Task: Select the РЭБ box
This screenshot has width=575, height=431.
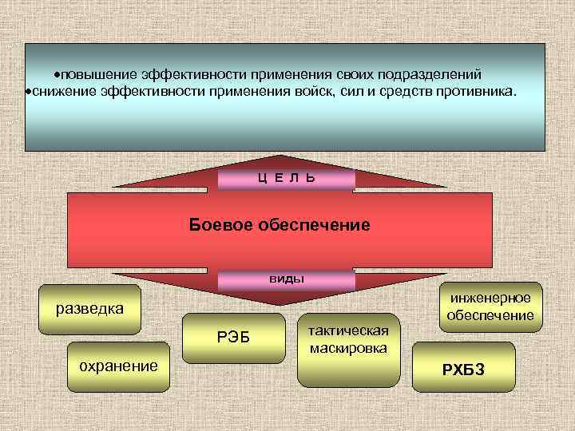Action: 234,338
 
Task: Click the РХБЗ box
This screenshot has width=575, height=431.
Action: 463,368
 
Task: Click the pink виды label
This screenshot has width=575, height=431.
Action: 286,279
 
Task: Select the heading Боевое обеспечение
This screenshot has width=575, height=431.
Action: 280,225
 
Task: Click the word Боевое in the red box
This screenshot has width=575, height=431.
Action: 220,225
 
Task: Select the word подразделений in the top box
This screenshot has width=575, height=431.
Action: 434,73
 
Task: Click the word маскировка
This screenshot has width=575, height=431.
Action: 347,349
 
